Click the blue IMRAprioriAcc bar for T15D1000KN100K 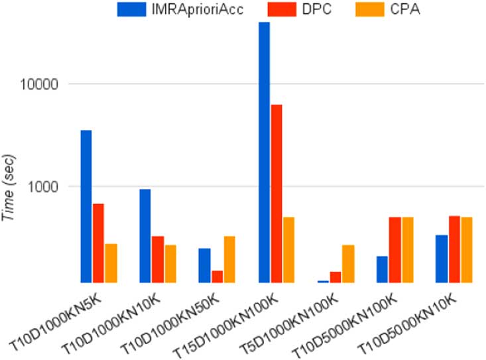(264, 152)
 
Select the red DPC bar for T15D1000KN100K (276, 193)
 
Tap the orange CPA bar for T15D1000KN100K (288, 249)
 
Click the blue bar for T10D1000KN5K (86, 206)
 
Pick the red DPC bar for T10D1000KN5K (98, 243)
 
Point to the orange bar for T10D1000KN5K (111, 263)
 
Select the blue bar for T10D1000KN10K (145, 235)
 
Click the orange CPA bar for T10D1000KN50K (229, 259)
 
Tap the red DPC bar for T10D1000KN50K (217, 276)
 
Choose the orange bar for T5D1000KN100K (347, 263)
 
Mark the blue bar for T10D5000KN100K (382, 269)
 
